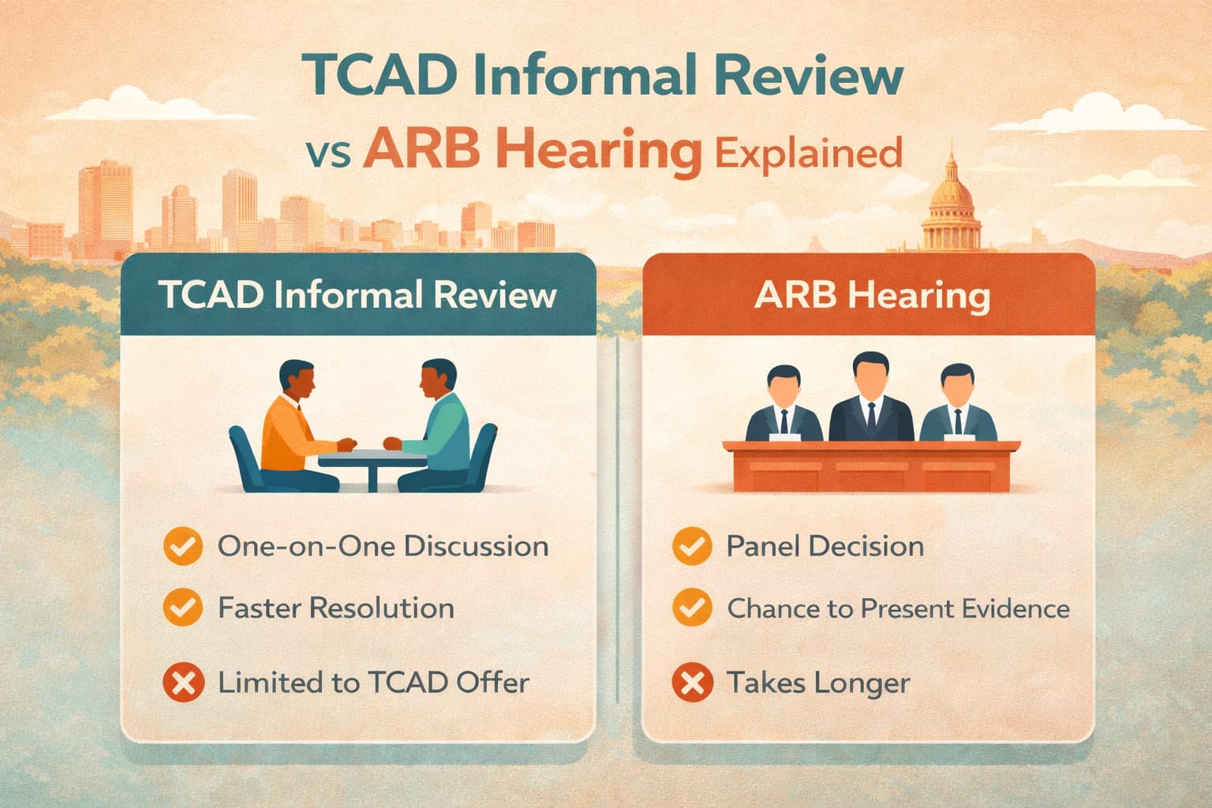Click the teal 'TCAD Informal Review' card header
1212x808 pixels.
pyautogui.click(x=357, y=295)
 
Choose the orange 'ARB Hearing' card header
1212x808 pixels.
pyautogui.click(x=871, y=295)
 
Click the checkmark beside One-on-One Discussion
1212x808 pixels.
pyautogui.click(x=182, y=547)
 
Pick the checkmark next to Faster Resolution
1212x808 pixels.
pyautogui.click(x=182, y=608)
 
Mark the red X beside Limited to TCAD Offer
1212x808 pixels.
pyautogui.click(x=182, y=683)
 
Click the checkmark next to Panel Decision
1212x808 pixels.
pyautogui.click(x=691, y=547)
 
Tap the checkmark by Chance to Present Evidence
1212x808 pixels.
pyautogui.click(x=691, y=608)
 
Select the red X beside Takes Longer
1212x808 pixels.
pyautogui.click(x=691, y=683)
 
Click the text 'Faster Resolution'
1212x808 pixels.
pyautogui.click(x=336, y=608)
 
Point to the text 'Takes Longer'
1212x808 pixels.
pyautogui.click(x=818, y=683)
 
